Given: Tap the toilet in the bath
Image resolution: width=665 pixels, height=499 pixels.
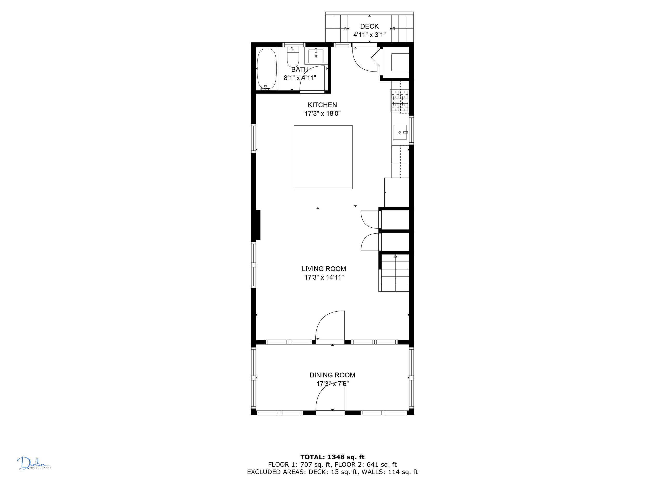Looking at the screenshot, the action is pyautogui.click(x=293, y=57).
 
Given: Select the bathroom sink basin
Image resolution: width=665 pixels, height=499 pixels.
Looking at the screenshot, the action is pyautogui.click(x=316, y=56).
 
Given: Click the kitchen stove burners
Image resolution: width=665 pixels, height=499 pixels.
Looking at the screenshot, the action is pyautogui.click(x=400, y=101).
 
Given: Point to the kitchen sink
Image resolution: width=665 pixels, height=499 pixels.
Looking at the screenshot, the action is pyautogui.click(x=400, y=132).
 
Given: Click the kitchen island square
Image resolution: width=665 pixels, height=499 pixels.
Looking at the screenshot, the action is pyautogui.click(x=323, y=157).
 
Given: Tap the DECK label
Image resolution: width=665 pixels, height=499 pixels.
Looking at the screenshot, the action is pyautogui.click(x=369, y=27).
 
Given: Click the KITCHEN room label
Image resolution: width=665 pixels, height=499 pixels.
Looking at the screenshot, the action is pyautogui.click(x=322, y=105).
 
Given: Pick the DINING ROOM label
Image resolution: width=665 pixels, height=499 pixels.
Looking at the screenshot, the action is pyautogui.click(x=332, y=375).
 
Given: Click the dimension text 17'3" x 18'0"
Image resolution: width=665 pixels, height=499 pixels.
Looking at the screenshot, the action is pyautogui.click(x=323, y=114).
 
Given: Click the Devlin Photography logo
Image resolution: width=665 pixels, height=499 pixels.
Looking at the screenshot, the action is pyautogui.click(x=34, y=463).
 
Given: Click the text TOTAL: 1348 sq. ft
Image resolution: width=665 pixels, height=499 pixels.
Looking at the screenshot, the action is pyautogui.click(x=332, y=457).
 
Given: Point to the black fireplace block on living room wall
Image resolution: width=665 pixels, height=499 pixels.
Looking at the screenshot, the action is pyautogui.click(x=258, y=225).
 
